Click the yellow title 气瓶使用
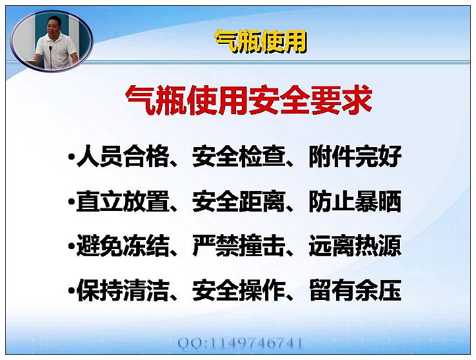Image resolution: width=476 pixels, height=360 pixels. [261, 42]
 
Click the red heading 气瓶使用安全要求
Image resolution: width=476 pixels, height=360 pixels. [249, 100]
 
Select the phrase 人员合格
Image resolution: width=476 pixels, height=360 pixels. [123, 157]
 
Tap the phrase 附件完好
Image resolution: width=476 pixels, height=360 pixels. [355, 157]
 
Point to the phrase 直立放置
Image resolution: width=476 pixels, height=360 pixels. [123, 201]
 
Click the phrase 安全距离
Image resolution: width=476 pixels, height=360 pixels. [239, 201]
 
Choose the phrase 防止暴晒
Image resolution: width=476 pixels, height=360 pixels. [355, 201]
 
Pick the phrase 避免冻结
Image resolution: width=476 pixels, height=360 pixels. [123, 246]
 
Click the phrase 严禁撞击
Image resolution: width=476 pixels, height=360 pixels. [239, 246]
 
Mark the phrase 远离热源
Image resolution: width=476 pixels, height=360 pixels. [355, 246]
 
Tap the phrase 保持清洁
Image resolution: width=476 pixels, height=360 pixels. [123, 290]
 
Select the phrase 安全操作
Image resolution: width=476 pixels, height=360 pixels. [239, 290]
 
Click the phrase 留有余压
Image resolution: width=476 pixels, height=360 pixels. [355, 290]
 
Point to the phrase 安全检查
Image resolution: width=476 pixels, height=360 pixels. [239, 157]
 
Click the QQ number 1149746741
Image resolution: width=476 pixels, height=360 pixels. [256, 343]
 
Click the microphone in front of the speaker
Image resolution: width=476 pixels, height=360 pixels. [50, 57]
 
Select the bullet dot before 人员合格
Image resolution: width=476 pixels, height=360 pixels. [72, 157]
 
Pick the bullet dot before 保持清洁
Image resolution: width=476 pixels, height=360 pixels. [72, 291]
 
